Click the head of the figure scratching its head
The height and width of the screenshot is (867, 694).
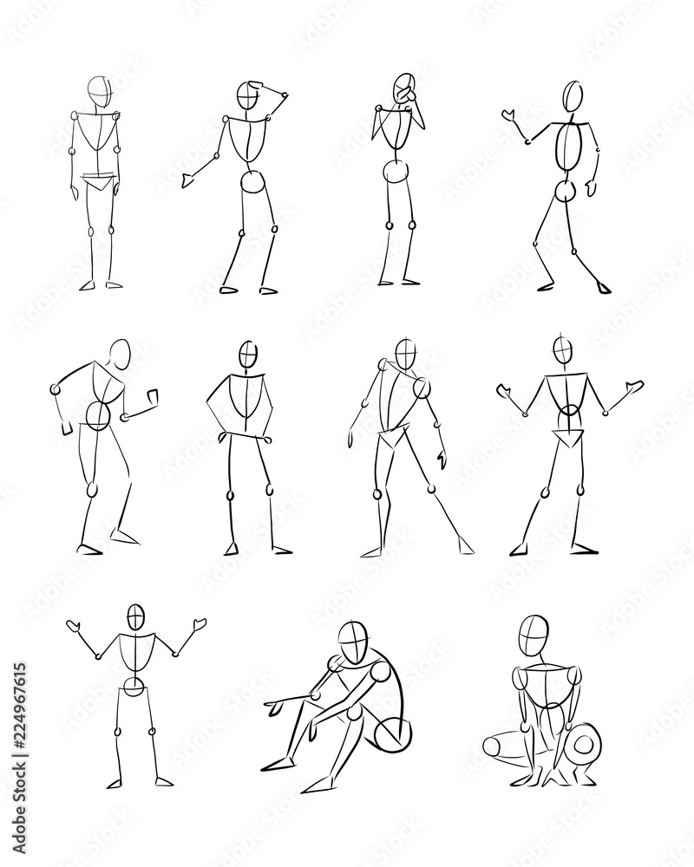251,95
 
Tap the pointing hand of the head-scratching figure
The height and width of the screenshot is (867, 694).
189,179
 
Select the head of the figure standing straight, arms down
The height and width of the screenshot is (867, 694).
100,89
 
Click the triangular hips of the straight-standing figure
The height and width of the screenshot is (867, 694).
98,182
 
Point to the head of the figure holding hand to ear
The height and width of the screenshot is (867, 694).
403,88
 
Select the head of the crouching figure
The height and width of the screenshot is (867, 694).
531,636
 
